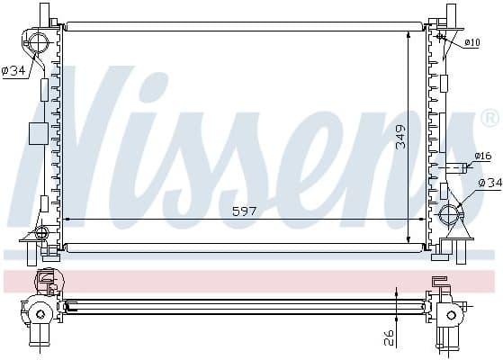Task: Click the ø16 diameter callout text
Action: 484,157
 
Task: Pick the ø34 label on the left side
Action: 13,72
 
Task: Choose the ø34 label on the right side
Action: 489,184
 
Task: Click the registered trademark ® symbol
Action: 490,118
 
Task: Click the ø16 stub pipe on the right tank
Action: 458,166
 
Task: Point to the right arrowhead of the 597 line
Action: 422,219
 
